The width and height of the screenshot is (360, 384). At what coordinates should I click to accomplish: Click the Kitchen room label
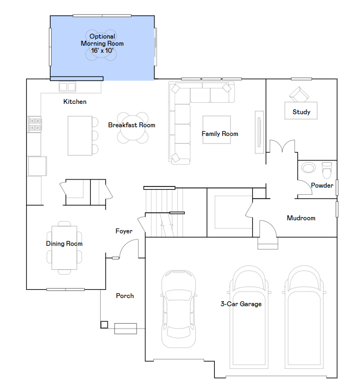(75, 102)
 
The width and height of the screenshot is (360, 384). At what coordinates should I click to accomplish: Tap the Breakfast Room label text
(132, 125)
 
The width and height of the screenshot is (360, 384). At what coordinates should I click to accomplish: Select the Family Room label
(220, 134)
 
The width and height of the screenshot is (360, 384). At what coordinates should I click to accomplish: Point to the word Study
(301, 112)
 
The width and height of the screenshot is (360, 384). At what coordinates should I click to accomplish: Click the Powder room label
(322, 185)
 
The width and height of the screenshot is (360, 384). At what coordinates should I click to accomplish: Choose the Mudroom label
(301, 218)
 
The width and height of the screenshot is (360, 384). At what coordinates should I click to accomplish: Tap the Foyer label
(124, 231)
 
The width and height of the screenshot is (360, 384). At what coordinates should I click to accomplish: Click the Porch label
(125, 296)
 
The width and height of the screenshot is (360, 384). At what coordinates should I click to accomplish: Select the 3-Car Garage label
(241, 304)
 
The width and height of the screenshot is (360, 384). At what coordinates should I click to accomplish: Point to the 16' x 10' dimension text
(102, 51)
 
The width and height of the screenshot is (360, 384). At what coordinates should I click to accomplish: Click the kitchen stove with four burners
(34, 124)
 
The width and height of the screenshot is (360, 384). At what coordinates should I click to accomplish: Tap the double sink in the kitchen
(67, 87)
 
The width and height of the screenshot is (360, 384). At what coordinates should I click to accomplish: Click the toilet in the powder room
(327, 170)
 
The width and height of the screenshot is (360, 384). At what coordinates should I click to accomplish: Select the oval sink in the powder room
(308, 168)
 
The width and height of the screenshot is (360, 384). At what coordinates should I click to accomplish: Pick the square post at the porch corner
(104, 325)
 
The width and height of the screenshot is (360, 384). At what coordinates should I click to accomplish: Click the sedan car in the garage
(178, 309)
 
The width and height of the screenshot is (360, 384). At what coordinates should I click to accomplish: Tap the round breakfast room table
(133, 128)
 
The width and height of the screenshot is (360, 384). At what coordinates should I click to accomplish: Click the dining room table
(64, 248)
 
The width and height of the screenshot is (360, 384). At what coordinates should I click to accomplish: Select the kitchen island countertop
(80, 135)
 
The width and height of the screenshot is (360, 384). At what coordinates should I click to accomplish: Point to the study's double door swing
(282, 146)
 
